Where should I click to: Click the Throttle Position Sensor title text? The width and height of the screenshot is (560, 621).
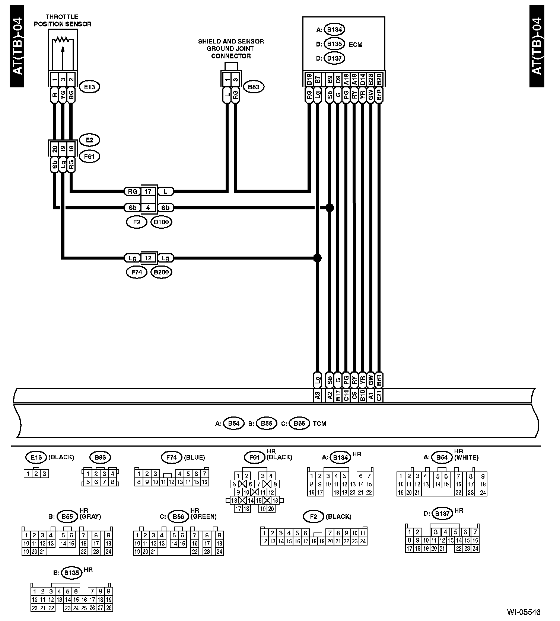pos(62,20)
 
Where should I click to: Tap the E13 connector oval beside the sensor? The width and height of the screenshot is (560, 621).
pos(89,87)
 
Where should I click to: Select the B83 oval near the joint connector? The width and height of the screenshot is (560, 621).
pos(254,87)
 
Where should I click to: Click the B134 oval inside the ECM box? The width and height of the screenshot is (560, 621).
pos(335,29)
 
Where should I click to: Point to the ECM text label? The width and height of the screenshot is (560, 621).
pos(356,45)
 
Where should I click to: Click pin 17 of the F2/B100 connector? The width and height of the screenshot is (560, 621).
pos(148,192)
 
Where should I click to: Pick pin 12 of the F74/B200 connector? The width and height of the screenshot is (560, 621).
pos(148,258)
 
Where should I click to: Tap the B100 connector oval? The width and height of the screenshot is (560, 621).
pos(161,222)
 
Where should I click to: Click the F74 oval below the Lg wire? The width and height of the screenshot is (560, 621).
pos(137,272)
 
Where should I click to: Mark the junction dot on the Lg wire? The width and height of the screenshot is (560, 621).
pos(317,258)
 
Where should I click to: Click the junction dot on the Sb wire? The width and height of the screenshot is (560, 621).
pos(330,207)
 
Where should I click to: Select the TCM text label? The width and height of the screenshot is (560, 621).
pos(319,424)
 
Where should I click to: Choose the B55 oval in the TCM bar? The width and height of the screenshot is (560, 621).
pos(266,424)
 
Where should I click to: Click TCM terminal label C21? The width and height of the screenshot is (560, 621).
pos(379,396)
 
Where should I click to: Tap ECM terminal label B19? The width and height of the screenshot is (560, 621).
pos(309,79)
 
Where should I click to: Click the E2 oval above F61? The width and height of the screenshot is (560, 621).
pos(89,140)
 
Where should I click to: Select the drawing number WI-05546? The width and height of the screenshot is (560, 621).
pos(523,612)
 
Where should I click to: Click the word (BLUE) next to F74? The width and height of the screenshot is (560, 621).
pos(194,457)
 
